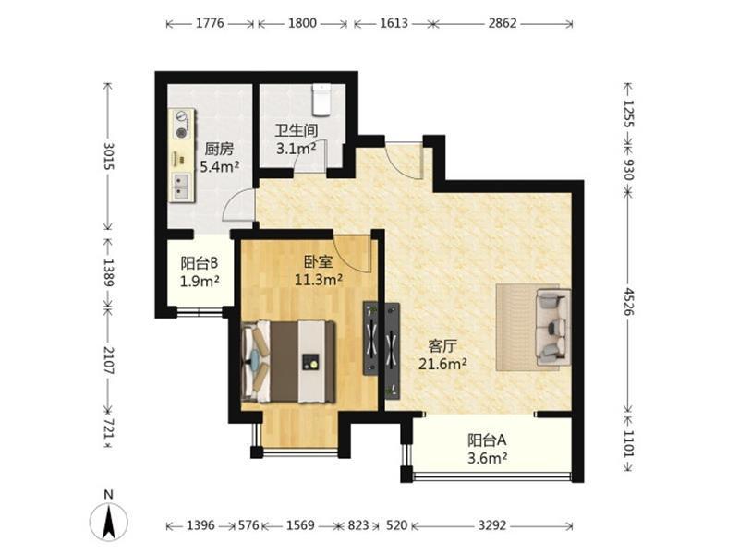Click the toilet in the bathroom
pyautogui.click(x=321, y=100)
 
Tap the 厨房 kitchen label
pyautogui.click(x=219, y=150)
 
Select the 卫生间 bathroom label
pyautogui.click(x=297, y=130)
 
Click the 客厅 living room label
pyautogui.click(x=442, y=346)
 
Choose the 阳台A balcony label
pyautogui.click(x=487, y=440)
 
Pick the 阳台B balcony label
pyautogui.click(x=200, y=262)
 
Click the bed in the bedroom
pyautogui.click(x=288, y=362)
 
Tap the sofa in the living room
pyautogui.click(x=553, y=327)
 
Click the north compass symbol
pyautogui.click(x=109, y=521)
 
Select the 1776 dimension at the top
pyautogui.click(x=210, y=23)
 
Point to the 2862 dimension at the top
pyautogui.click(x=503, y=23)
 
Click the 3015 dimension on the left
pyautogui.click(x=108, y=156)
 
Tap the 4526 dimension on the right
pyautogui.click(x=629, y=302)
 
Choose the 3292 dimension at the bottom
pyautogui.click(x=492, y=524)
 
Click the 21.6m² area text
pyautogui.click(x=443, y=364)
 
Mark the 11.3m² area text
pyautogui.click(x=319, y=280)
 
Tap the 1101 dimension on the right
pyautogui.click(x=629, y=443)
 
